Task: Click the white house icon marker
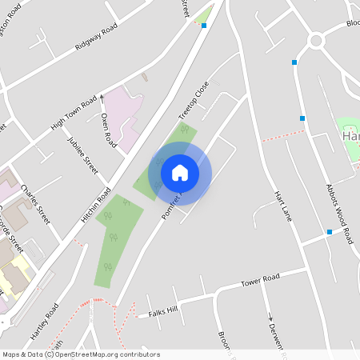180,173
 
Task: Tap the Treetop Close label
193,97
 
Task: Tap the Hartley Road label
47,319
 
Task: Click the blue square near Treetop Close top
204,26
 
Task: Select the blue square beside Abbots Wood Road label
329,232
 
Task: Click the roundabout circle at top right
316,40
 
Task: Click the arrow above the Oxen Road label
102,98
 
